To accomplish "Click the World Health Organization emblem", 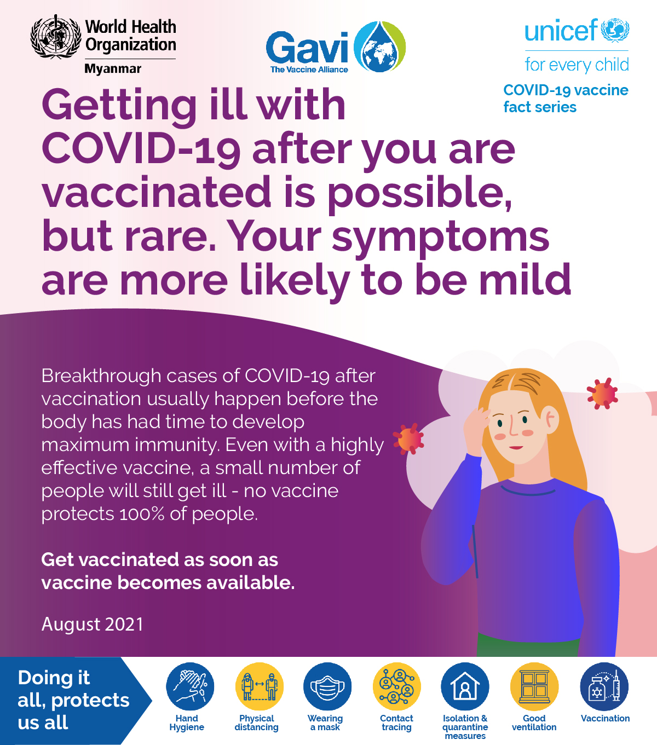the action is coord(56,37).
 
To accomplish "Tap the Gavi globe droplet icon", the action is coord(379,47).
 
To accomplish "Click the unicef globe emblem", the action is coord(615,30).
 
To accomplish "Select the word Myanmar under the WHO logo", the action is coord(113,69).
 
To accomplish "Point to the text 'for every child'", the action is coord(577,65).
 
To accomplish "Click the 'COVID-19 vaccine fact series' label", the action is coord(566,99).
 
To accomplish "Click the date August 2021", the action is coord(93,625).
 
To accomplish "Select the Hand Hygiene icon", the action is coord(190,686).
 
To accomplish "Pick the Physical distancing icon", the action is coord(260,686).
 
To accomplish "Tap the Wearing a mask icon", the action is coord(327,686).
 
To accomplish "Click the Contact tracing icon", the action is coord(396,686).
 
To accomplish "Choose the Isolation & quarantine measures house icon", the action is coord(465,686).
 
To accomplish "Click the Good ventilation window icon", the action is coord(534,686).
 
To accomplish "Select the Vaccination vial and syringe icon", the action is coord(604,686).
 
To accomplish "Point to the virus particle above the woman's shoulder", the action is coord(602,394).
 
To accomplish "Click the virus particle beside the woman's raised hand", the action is coord(408,438).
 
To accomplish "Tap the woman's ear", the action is coord(550,420).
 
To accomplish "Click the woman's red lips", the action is coord(516,447).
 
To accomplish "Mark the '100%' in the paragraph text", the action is coord(141,513).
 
